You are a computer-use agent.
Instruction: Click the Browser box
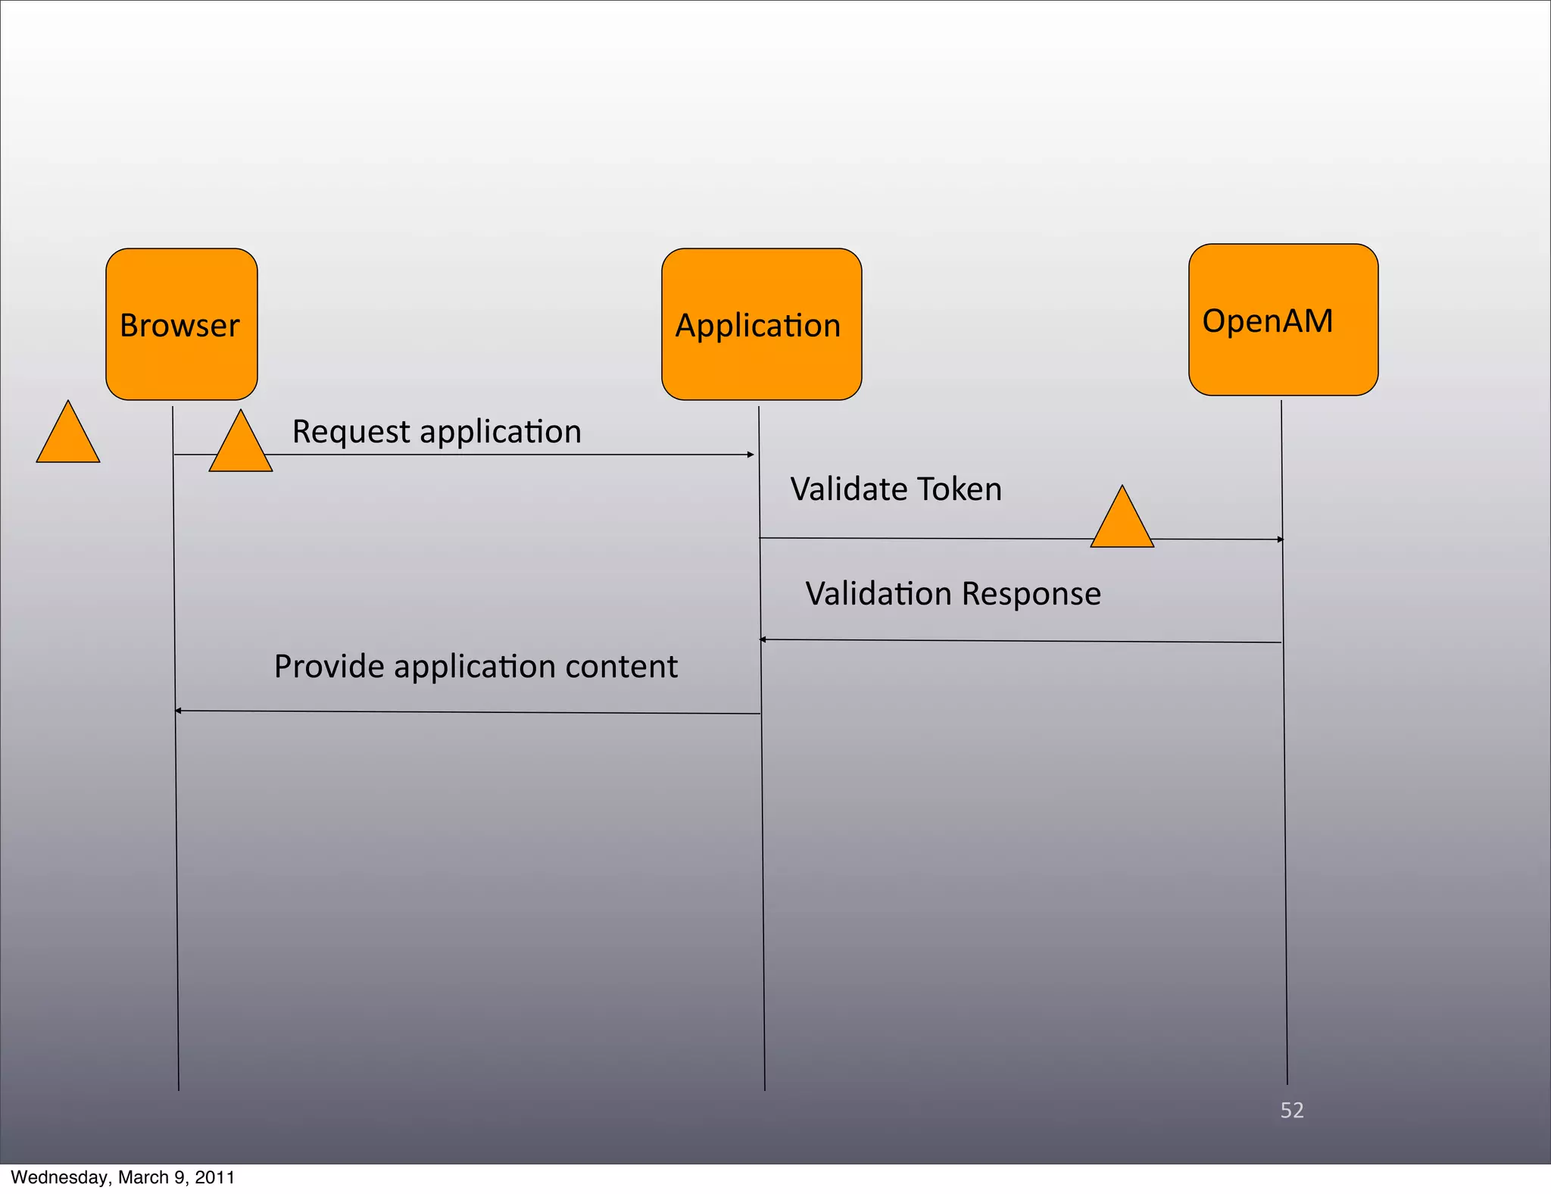point(181,324)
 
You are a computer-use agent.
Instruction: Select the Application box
point(761,324)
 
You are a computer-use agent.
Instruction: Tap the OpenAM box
point(1283,320)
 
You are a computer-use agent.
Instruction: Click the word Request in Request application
point(351,432)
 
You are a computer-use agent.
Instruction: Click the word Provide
point(329,667)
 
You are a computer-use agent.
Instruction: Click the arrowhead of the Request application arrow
point(751,455)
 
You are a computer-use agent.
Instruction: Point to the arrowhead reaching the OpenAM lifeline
point(1280,539)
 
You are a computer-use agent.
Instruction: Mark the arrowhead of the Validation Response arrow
point(763,640)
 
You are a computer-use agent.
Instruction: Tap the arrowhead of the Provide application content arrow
point(179,711)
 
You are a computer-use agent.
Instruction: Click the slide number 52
point(1292,1110)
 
